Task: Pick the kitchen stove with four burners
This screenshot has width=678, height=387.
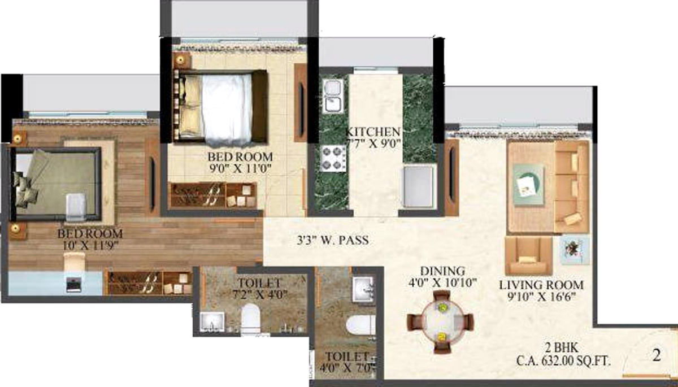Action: [x=333, y=158]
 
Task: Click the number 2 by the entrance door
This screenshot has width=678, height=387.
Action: [x=656, y=356]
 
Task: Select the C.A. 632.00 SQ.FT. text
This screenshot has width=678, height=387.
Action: [x=565, y=360]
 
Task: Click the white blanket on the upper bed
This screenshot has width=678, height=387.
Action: [x=226, y=107]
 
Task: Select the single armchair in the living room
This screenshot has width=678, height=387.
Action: [x=529, y=255]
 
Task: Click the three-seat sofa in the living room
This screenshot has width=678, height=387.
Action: [x=572, y=186]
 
